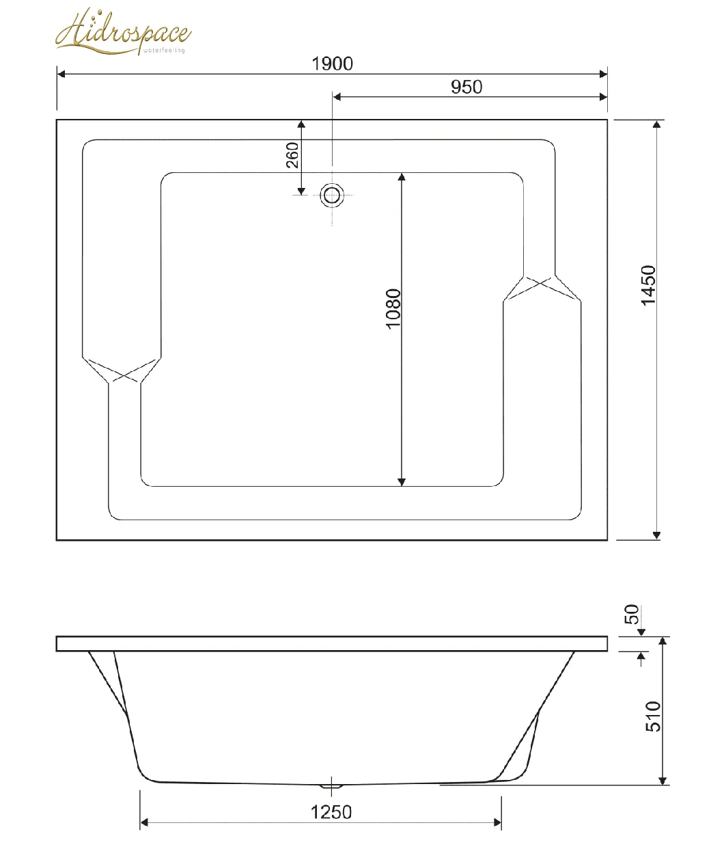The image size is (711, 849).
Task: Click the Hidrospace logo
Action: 123,31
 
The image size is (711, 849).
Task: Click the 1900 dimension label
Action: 332,64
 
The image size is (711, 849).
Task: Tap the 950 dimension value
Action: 466,87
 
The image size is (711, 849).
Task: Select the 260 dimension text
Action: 292,155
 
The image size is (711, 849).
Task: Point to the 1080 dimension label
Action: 393,309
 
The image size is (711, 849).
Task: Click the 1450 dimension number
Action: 648,285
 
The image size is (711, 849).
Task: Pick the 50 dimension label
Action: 631,614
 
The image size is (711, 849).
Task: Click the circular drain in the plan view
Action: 332,196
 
